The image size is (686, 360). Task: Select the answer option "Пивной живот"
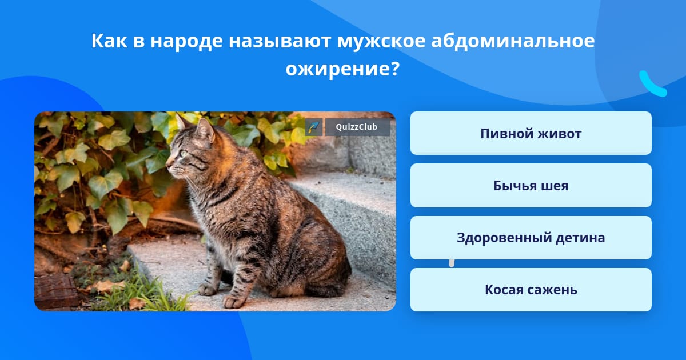pos(531,133)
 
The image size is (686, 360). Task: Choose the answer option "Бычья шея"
pos(531,186)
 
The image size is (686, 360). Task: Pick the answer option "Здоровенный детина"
pos(531,238)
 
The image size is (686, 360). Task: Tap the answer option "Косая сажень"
pos(531,290)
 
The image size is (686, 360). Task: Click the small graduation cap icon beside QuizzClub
pos(314,127)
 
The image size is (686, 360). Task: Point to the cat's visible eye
pos(184,153)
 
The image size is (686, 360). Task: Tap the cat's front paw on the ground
pos(234,302)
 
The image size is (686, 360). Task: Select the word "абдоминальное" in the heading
pos(513,41)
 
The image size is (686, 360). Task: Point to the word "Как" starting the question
pos(109,41)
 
